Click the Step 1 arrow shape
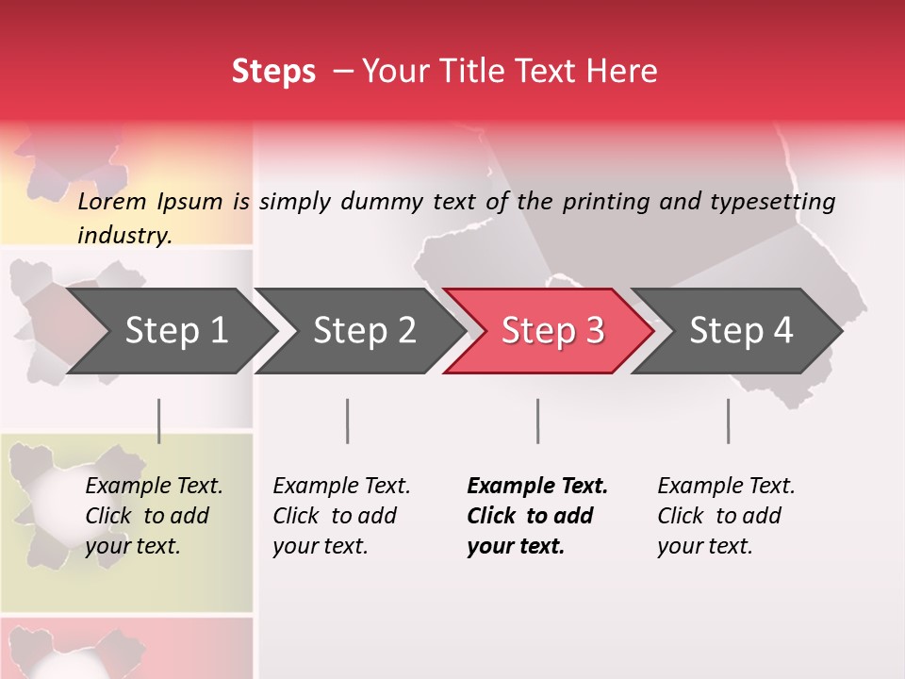point(175,331)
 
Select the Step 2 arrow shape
point(364,331)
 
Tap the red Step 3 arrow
point(552,331)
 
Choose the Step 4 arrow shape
point(741,331)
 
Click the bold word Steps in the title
point(273,72)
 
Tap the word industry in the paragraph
point(123,235)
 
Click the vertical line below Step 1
point(158,421)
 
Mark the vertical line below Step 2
point(348,421)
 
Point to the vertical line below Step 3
point(537,421)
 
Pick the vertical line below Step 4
point(728,421)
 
